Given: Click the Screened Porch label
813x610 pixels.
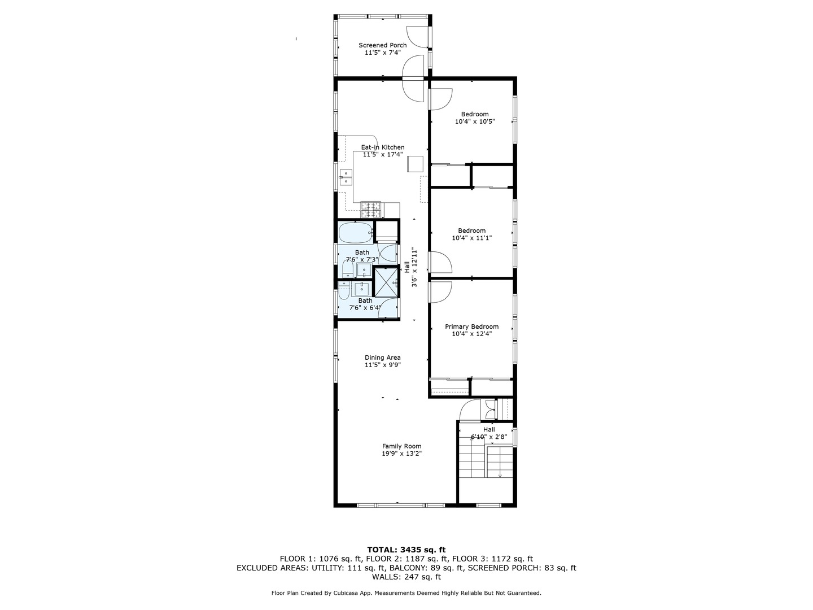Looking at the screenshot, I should pyautogui.click(x=382, y=45).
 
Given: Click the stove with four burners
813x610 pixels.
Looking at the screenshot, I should pyautogui.click(x=371, y=210).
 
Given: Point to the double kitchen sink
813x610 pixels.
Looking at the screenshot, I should pyautogui.click(x=346, y=181).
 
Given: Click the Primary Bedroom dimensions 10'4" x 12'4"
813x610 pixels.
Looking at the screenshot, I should pyautogui.click(x=471, y=334).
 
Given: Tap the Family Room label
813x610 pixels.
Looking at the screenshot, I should pyautogui.click(x=401, y=446).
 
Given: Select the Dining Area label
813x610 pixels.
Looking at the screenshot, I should pyautogui.click(x=382, y=358).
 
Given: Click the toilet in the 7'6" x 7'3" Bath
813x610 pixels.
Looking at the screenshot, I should pyautogui.click(x=348, y=269).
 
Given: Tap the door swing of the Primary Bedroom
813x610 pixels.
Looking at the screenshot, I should pyautogui.click(x=440, y=291).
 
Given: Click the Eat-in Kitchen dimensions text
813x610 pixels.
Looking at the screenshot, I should pyautogui.click(x=382, y=154).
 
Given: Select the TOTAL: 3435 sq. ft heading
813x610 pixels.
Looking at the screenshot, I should pyautogui.click(x=406, y=550).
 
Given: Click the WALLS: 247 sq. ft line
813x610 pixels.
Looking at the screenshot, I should pyautogui.click(x=406, y=577).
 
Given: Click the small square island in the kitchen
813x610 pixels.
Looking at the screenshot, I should pyautogui.click(x=415, y=163).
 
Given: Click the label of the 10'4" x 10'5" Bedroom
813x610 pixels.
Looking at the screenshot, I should pyautogui.click(x=474, y=114).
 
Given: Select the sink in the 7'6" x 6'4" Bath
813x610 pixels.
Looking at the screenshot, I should pyautogui.click(x=361, y=289).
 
